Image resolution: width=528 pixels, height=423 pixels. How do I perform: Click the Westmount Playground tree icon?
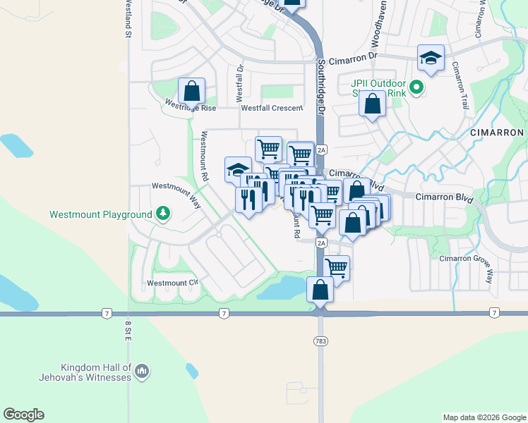(x=163, y=213)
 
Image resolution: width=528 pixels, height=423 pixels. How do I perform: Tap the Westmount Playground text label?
(x=100, y=214)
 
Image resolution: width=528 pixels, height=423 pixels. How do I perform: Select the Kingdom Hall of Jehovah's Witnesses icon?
(x=141, y=370)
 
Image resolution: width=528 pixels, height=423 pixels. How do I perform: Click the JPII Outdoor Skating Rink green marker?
(x=416, y=88)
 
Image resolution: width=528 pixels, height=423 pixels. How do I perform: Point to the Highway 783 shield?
(x=320, y=341)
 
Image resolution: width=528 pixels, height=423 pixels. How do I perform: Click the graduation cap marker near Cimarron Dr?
(x=431, y=59)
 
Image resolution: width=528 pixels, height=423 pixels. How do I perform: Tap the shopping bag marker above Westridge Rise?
(x=191, y=90)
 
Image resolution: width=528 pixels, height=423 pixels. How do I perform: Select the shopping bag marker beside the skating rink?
(x=372, y=104)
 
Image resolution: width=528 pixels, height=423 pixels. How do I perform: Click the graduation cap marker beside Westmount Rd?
(x=238, y=169)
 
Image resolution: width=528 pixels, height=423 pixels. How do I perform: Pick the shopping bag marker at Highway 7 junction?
(x=320, y=290)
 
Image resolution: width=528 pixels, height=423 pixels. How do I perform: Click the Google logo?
(x=23, y=415)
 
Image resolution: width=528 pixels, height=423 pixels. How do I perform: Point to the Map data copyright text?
(x=484, y=417)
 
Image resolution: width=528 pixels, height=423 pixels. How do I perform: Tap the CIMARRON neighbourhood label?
(x=497, y=133)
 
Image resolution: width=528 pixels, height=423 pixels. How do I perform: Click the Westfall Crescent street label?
(x=272, y=108)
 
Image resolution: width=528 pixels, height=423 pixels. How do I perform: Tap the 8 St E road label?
(x=128, y=331)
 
